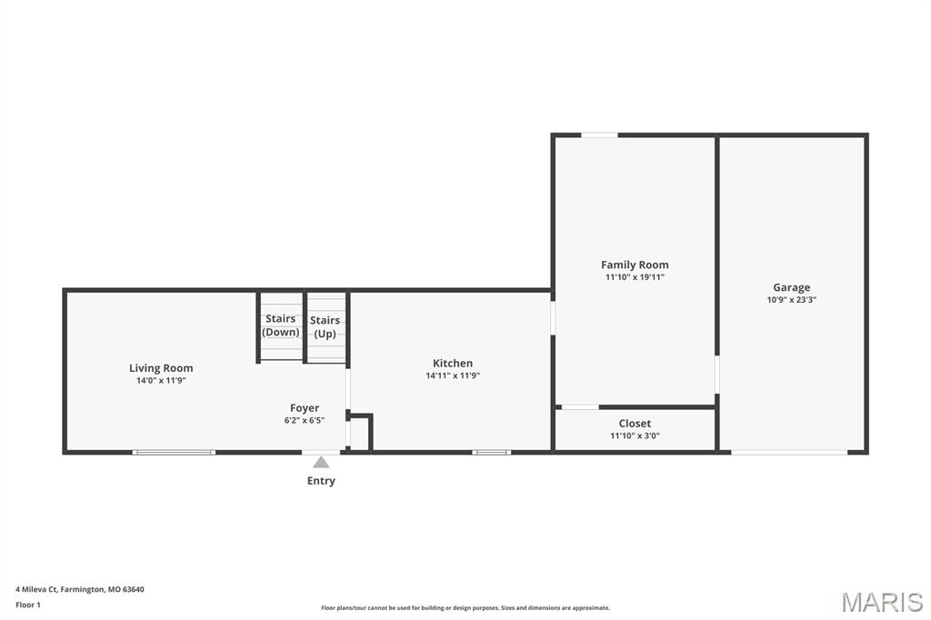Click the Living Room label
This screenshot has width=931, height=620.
(x=161, y=368)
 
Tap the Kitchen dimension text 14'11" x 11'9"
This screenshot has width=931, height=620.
(x=452, y=375)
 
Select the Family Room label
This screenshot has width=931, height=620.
(x=635, y=265)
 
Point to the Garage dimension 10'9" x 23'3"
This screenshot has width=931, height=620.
(x=791, y=299)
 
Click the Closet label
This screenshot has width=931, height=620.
(x=635, y=424)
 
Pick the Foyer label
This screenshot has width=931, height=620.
(x=305, y=408)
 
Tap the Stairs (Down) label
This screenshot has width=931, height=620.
(x=280, y=325)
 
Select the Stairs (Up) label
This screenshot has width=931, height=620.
(x=325, y=326)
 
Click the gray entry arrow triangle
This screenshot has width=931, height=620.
(x=321, y=462)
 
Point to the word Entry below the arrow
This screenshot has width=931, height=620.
(x=321, y=481)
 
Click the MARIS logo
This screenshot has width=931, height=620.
(x=882, y=602)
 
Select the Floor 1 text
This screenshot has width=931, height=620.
(x=28, y=605)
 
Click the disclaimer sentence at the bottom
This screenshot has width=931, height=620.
(x=465, y=608)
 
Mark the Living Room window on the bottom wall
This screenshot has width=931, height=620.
(x=174, y=452)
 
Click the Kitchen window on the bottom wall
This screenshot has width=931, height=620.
(x=491, y=452)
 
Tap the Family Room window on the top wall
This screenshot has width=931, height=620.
(x=599, y=135)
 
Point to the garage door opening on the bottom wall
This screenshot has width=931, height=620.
(x=789, y=452)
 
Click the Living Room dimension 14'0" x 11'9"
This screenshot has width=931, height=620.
(x=161, y=381)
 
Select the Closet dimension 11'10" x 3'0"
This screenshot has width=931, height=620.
(x=635, y=435)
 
